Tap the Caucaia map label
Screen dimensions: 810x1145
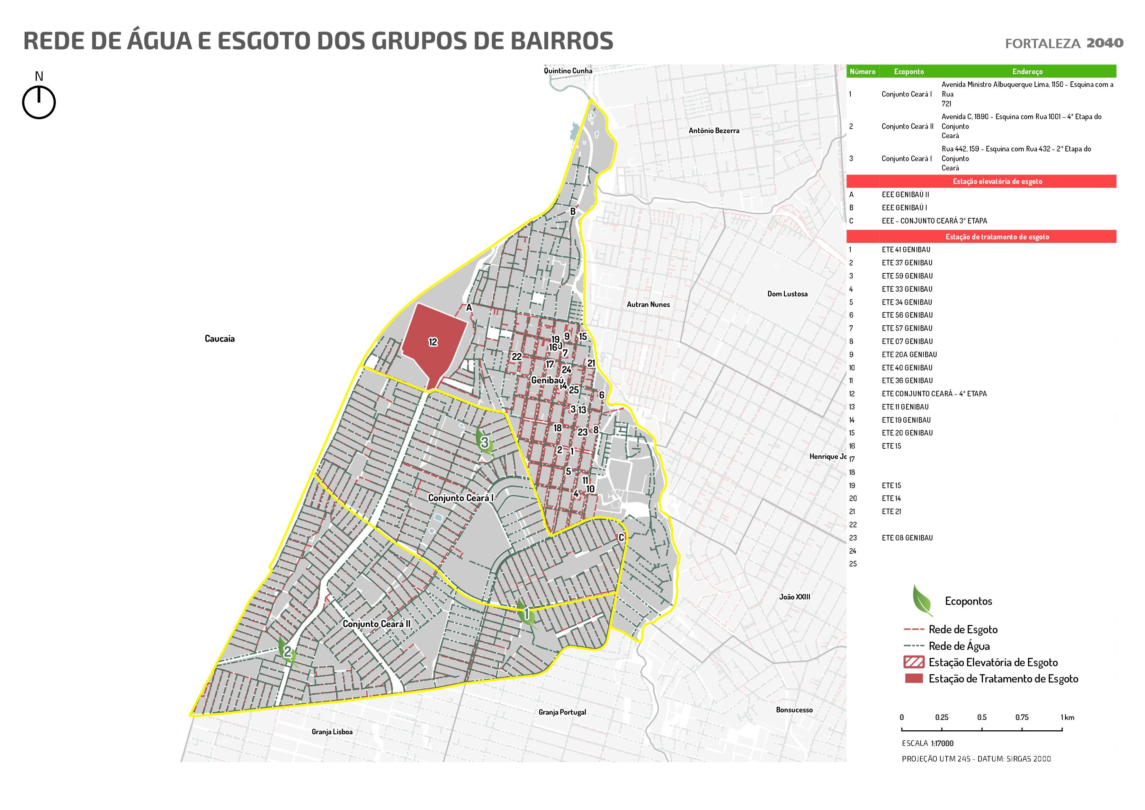(x=220, y=339)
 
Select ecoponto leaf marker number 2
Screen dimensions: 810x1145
(x=288, y=651)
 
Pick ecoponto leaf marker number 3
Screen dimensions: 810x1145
(x=484, y=442)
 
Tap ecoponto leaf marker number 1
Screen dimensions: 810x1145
(x=526, y=614)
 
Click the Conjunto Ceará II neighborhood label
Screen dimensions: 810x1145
(x=376, y=624)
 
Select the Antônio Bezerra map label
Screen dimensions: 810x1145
(x=714, y=131)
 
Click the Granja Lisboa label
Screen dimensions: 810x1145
(x=332, y=732)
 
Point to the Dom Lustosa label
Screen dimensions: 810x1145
(x=787, y=294)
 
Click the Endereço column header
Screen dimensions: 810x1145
(x=1027, y=71)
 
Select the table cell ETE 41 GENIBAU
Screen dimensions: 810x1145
(x=906, y=249)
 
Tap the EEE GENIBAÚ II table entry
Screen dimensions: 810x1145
(x=905, y=195)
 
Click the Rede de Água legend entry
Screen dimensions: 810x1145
(x=958, y=646)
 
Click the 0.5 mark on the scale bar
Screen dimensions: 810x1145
(x=982, y=717)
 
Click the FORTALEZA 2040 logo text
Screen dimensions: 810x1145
(x=1064, y=43)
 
